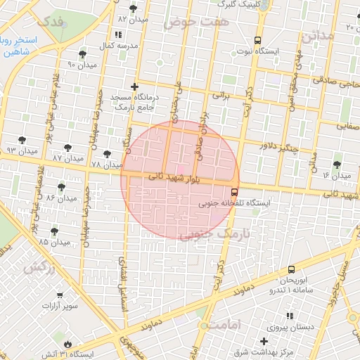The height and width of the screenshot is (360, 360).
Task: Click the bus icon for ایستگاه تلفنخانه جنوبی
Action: (x=234, y=191)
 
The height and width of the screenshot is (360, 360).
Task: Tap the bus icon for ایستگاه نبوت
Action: (x=258, y=40)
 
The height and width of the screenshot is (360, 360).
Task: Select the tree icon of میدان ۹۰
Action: (x=82, y=54)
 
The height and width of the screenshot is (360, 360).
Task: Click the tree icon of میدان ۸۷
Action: (x=67, y=148)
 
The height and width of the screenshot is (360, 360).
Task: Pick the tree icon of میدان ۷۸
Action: (x=107, y=154)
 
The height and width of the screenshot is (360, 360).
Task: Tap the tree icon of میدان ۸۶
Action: (x=61, y=187)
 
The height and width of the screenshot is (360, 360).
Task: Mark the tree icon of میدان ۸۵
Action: (x=54, y=231)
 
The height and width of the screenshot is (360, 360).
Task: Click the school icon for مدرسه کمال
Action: (x=117, y=34)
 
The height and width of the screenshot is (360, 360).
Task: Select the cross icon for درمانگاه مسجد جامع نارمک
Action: (x=134, y=86)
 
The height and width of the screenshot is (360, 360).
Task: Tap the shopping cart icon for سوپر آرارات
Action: (x=60, y=295)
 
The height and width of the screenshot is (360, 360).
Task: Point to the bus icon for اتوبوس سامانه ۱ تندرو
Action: (x=291, y=269)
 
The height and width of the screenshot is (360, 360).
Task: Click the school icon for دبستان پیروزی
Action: (x=289, y=316)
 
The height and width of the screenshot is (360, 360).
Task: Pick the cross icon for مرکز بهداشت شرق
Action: (x=264, y=341)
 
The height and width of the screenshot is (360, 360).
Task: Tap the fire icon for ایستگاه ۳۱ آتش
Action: (x=67, y=344)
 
